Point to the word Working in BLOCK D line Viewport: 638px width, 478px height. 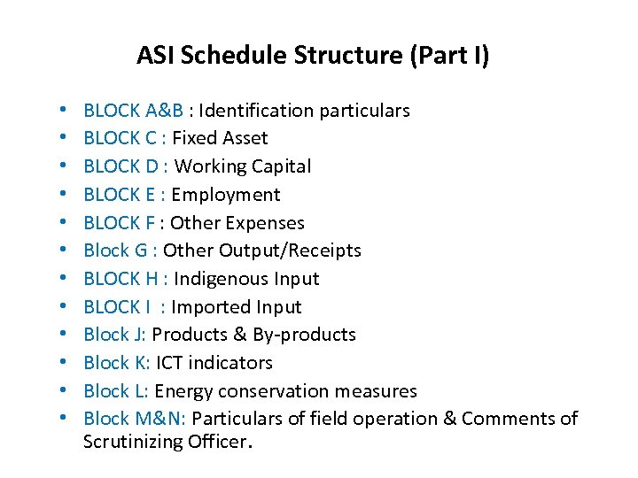[x=211, y=166]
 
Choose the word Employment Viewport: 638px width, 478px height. [x=225, y=195]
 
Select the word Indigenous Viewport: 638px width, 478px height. [x=222, y=279]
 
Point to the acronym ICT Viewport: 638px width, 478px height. [x=172, y=363]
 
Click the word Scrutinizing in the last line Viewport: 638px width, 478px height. [x=136, y=442]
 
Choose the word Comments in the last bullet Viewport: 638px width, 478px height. [x=509, y=419]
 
